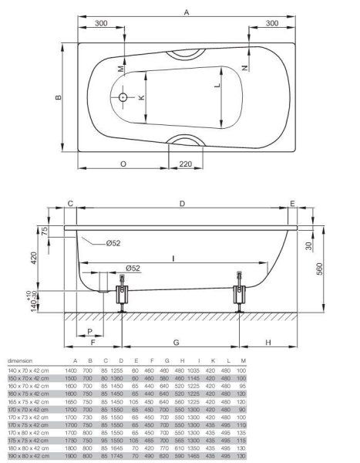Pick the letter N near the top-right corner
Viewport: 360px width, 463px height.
click(x=244, y=67)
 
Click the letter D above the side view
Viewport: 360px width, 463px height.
click(x=182, y=203)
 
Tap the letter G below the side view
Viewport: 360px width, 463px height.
click(x=177, y=341)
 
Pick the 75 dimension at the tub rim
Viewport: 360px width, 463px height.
click(x=45, y=231)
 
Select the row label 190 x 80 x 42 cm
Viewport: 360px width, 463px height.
click(x=26, y=457)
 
